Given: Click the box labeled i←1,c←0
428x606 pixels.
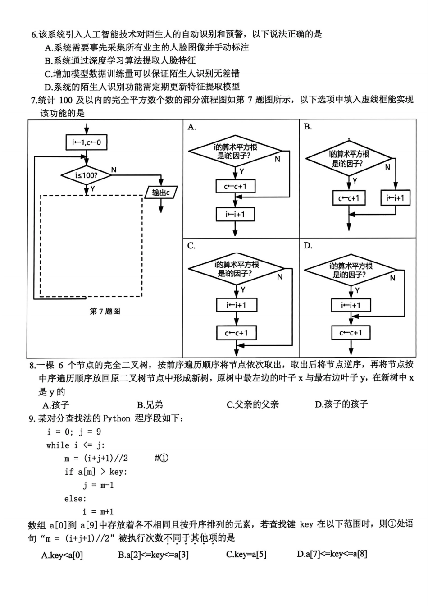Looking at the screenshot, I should (87, 143).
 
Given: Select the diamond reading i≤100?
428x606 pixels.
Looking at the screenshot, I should (87, 175).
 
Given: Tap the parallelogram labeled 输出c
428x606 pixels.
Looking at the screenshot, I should (161, 193).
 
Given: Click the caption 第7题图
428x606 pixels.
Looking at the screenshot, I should (105, 311).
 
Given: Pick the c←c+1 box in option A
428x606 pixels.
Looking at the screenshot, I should (235, 187).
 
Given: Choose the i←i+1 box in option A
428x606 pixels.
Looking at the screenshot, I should (235, 215).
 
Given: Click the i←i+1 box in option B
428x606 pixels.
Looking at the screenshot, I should (395, 198).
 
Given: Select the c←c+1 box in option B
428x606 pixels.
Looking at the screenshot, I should (349, 198).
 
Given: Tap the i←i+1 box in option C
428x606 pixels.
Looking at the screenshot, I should (236, 305).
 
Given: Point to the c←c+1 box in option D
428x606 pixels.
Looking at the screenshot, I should (351, 333).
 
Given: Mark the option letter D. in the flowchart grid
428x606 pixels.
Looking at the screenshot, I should (308, 246).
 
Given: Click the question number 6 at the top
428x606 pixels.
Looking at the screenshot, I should (33, 34).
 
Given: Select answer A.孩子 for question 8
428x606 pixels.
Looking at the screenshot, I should (56, 404).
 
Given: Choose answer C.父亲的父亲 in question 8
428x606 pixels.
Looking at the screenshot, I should (252, 404).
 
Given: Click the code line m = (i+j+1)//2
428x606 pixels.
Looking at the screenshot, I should (96, 458).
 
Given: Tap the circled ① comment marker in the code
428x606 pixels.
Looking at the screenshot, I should (162, 458).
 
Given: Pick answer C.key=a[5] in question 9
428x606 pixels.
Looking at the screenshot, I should (246, 554).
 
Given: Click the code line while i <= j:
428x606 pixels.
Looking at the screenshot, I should (75, 445).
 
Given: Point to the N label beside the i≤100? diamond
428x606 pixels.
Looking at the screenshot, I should (114, 170).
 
